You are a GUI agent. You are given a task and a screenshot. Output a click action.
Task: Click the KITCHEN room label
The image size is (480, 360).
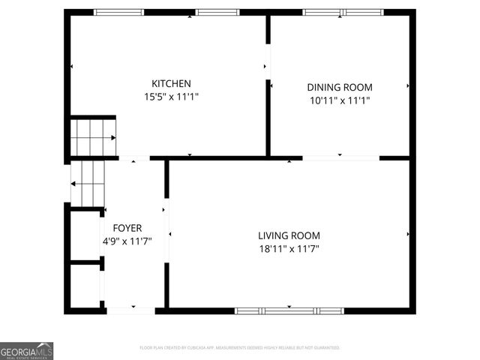pyautogui.click(x=171, y=83)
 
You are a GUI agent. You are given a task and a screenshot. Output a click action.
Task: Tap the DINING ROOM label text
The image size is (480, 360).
pyautogui.click(x=340, y=87)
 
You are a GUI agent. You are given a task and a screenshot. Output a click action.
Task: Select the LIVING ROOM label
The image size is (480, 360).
pyautogui.click(x=289, y=235)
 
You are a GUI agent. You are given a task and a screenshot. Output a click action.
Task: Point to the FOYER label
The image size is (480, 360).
pyautogui.click(x=127, y=228)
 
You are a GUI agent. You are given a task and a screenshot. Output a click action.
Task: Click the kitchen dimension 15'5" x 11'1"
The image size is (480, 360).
pyautogui.click(x=171, y=97)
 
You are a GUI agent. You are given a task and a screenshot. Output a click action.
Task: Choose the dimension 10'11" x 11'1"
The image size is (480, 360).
pyautogui.click(x=340, y=100)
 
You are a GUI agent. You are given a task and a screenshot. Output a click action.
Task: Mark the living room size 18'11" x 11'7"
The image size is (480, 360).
pyautogui.click(x=289, y=249)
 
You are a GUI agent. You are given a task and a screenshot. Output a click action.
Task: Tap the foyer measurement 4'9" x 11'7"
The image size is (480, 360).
pyautogui.click(x=127, y=241)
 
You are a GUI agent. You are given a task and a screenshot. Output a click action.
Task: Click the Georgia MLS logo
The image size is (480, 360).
pyautogui.click(x=26, y=351)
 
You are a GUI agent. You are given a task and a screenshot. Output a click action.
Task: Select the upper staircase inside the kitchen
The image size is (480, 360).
pyautogui.click(x=92, y=137)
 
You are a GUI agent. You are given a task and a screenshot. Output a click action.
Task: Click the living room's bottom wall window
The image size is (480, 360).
pyautogui.click(x=289, y=310)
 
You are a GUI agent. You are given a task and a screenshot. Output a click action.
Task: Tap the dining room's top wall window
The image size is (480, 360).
pyautogui.click(x=343, y=12)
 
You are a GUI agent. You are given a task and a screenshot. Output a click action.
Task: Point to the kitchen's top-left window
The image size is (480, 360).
pyautogui.click(x=118, y=12)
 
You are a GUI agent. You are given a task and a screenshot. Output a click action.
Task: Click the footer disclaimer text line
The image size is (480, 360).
pyautogui.click(x=239, y=348)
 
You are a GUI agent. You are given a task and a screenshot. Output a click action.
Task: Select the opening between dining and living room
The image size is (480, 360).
pyautogui.click(x=340, y=157)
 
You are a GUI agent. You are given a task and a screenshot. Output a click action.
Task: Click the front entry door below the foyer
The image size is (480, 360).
pyautogui.click(x=131, y=310)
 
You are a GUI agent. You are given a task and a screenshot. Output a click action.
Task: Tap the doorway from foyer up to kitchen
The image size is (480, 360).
pyautogui.click(x=134, y=158)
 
